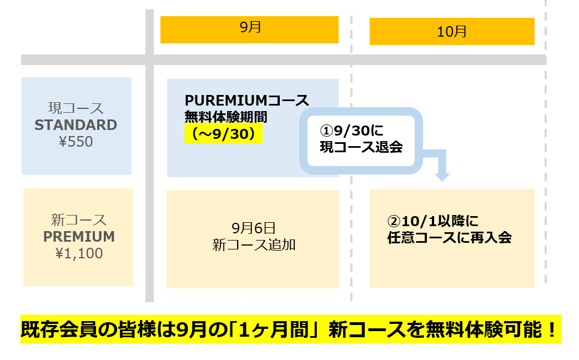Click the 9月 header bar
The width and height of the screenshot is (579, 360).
[x=249, y=29]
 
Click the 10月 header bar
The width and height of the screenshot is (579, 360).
[x=452, y=31]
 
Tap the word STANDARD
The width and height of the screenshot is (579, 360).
[x=76, y=125]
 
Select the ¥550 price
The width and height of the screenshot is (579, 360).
[x=76, y=142]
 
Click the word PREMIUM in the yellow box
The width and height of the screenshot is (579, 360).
[x=79, y=237]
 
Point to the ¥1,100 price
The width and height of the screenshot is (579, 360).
[x=79, y=254]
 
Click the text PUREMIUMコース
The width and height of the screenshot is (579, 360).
[x=246, y=101]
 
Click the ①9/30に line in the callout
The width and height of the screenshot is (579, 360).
[x=352, y=131]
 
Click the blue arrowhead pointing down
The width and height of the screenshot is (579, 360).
[x=442, y=176]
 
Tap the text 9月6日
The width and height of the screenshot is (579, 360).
[x=253, y=228]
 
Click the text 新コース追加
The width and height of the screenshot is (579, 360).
[x=253, y=245]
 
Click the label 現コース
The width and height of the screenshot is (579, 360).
[x=76, y=108]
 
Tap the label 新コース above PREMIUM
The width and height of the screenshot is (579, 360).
[x=79, y=220]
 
